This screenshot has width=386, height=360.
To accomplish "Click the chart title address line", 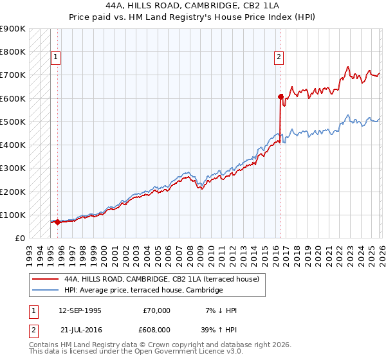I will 192,5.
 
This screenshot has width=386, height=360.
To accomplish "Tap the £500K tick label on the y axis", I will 13,122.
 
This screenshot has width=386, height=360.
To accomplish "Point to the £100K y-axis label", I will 13,215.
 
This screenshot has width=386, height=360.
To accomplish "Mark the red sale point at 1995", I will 57,222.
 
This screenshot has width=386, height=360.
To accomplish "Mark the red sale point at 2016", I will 280,97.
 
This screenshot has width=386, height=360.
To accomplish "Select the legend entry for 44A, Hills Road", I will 161,280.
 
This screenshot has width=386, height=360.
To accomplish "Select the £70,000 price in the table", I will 156,310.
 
